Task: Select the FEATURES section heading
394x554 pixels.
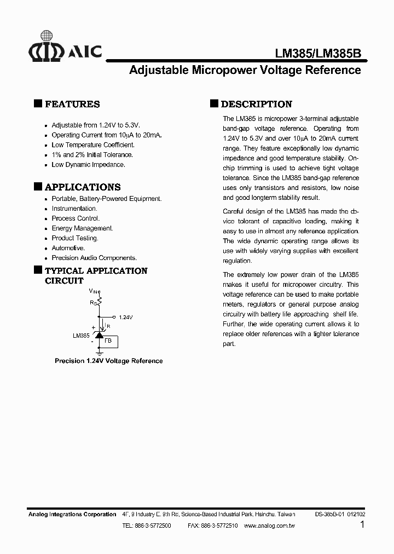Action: (72, 104)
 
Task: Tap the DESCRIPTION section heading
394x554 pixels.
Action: (256, 104)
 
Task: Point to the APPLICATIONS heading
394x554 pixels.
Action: (82, 187)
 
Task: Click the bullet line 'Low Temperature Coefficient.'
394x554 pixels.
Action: (92, 145)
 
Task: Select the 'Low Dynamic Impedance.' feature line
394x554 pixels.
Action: (88, 165)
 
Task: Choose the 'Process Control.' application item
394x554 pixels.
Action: (76, 218)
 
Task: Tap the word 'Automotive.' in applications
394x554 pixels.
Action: (68, 248)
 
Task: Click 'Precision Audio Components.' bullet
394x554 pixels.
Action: (94, 258)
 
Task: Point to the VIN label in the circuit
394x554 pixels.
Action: (94, 291)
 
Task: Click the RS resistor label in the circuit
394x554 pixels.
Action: (93, 302)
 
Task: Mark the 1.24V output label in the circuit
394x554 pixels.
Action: (126, 317)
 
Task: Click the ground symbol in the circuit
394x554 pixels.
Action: (99, 353)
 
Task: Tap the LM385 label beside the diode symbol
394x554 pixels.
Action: (80, 336)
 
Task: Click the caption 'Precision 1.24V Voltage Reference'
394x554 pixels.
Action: (108, 361)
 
